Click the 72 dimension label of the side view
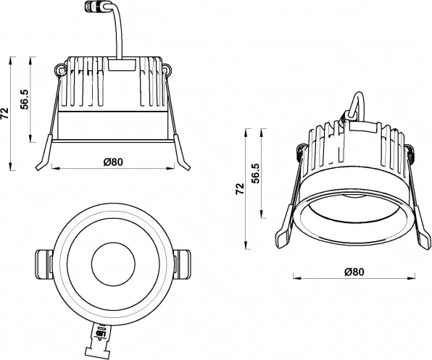coord(7,112)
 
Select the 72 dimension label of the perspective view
coord(239,189)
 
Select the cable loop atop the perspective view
coord(357,105)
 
